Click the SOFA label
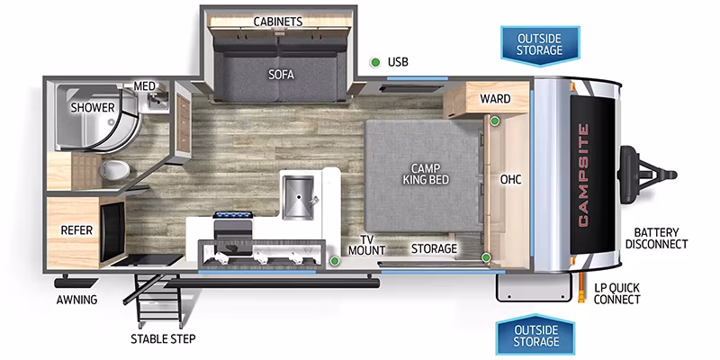(x=281, y=75)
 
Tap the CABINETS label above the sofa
(x=278, y=22)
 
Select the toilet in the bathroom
(x=114, y=171)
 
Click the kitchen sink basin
(x=298, y=197)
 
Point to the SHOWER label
(x=93, y=108)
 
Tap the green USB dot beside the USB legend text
(x=375, y=62)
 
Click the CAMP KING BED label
(x=426, y=174)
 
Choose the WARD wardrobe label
(x=495, y=99)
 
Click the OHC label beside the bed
(x=510, y=179)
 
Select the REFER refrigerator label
(x=76, y=230)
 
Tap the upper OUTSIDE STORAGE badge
(x=539, y=45)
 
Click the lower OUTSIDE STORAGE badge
(x=535, y=336)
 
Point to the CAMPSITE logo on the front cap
(x=582, y=175)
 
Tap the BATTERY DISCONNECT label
(x=657, y=238)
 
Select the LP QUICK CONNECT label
(x=616, y=294)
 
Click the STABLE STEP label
(x=163, y=339)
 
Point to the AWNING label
(x=77, y=301)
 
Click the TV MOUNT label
(x=366, y=245)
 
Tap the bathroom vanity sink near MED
(x=156, y=99)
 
